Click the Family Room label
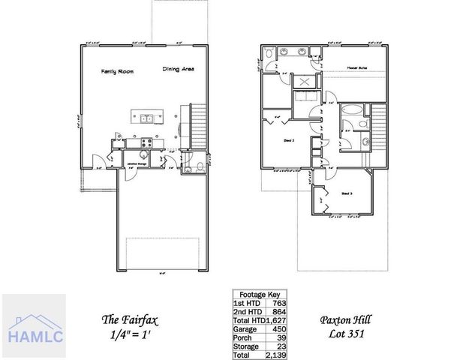[x=118, y=71]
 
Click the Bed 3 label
[x=348, y=193]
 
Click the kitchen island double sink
[x=145, y=118]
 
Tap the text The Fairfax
[x=128, y=319]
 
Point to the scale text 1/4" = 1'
[x=128, y=334]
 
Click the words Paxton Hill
[x=347, y=319]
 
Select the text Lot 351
[x=347, y=334]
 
